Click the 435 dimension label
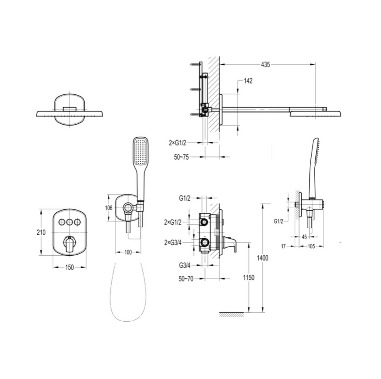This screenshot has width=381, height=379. click(265, 65)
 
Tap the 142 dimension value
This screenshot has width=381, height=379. click(248, 81)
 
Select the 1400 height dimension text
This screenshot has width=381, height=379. click(263, 258)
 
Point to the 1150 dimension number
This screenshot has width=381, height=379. click(248, 277)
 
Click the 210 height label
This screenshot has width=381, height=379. click(41, 232)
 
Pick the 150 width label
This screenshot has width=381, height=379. click(69, 268)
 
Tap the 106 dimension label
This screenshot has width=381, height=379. click(109, 208)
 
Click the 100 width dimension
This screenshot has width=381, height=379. click(128, 252)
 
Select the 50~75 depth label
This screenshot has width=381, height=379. click(181, 157)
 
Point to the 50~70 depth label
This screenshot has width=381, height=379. click(186, 279)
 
